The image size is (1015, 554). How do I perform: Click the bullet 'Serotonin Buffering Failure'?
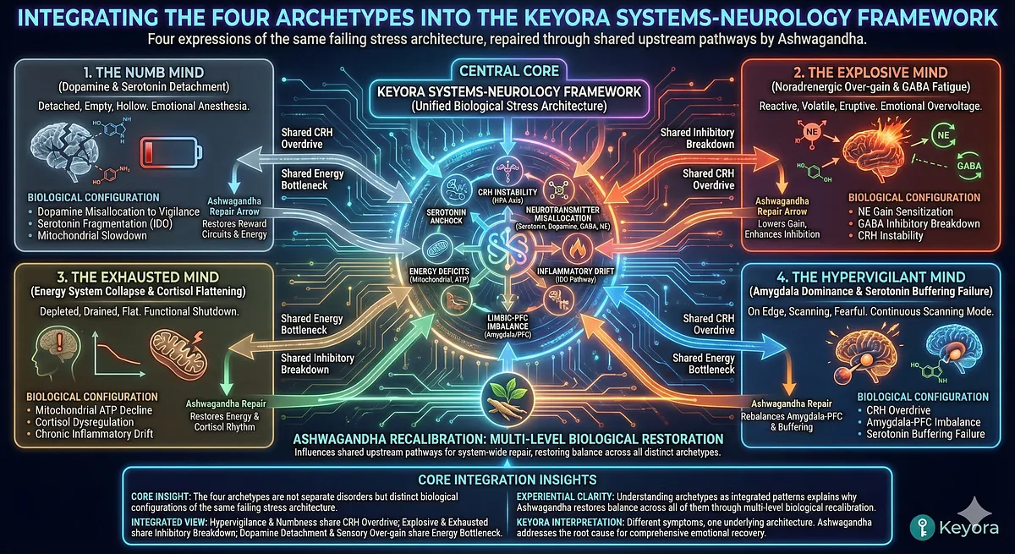tap(925, 434)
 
